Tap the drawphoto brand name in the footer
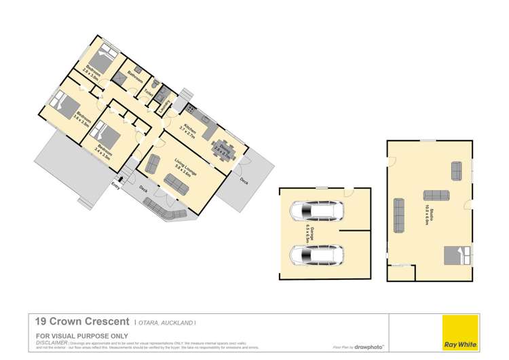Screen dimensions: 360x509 coord(371,346)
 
